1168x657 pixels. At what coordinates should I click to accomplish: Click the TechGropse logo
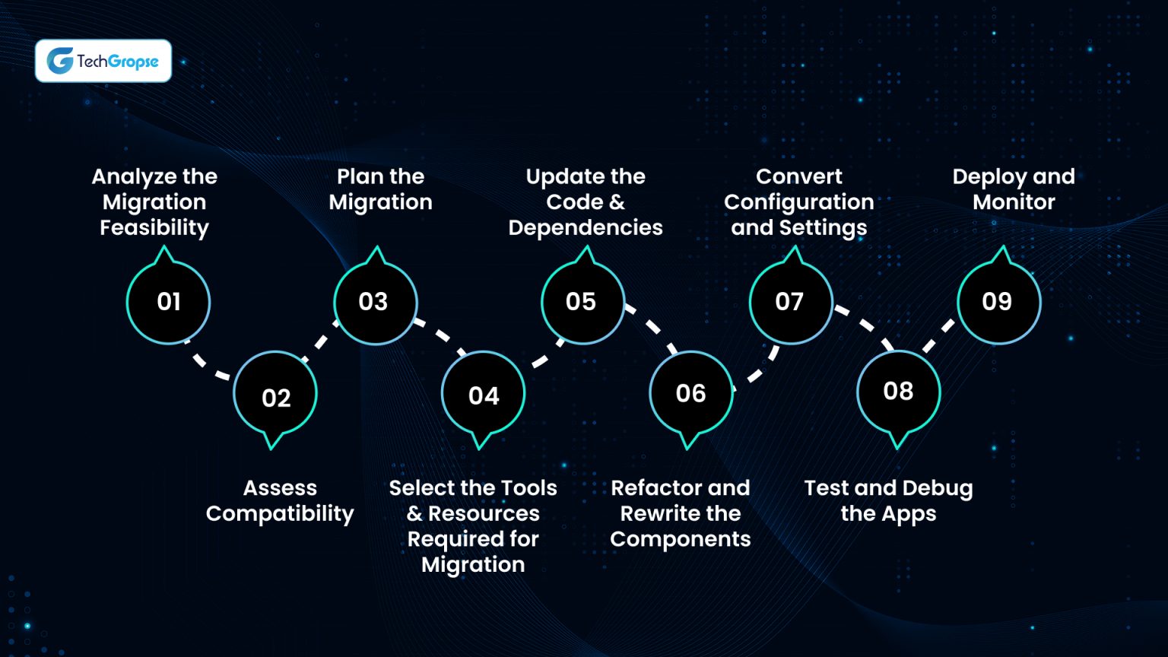point(103,61)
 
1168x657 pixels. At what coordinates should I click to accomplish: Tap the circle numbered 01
point(168,302)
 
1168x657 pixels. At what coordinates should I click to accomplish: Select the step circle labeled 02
point(275,396)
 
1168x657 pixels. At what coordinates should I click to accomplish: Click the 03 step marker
point(375,302)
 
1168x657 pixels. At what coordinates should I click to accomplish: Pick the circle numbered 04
point(483,395)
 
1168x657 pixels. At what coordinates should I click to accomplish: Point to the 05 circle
point(582,302)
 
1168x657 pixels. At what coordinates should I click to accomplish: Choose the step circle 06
point(690,393)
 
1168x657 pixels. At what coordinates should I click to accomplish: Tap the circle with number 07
point(790,302)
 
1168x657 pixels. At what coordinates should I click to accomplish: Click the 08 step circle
point(898,392)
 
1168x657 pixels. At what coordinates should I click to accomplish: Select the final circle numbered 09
point(998,302)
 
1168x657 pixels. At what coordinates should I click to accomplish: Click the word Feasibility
point(154,227)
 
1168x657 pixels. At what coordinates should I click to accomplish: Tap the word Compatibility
point(280,514)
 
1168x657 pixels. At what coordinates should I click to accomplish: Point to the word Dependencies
point(586,227)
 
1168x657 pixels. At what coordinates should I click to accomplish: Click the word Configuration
point(798,202)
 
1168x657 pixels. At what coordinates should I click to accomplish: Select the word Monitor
point(1014,202)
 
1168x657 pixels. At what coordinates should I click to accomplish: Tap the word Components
point(680,539)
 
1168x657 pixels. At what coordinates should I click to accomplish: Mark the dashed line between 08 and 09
point(939,336)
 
